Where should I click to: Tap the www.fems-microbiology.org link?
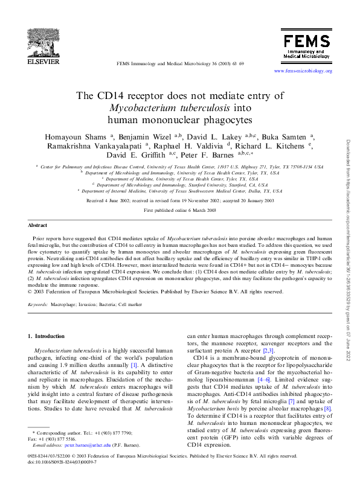coord(303,71)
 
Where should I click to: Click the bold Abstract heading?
coord(38,225)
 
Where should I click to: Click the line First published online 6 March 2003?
coord(179,210)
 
